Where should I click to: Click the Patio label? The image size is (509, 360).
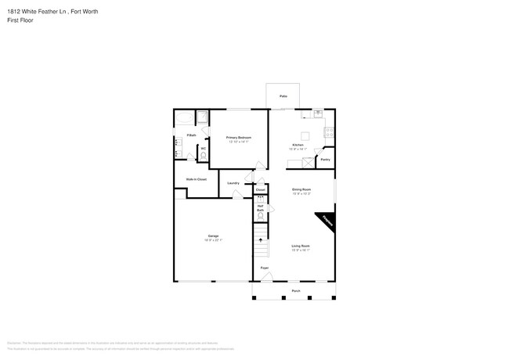[283, 96]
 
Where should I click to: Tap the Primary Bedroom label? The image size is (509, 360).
[238, 138]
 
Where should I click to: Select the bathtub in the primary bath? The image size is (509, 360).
[184, 118]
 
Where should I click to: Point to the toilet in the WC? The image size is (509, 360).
[204, 155]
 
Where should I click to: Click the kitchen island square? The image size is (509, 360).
[306, 135]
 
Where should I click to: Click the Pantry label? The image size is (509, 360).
[325, 160]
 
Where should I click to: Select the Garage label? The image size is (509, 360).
[213, 236]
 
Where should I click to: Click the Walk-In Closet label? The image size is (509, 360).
[196, 179]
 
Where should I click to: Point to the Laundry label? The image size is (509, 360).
[233, 183]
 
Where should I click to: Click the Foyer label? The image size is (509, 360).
[265, 268]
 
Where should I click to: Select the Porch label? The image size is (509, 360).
[296, 290]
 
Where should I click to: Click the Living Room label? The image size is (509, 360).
[301, 246]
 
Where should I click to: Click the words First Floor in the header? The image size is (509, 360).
[19, 20]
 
